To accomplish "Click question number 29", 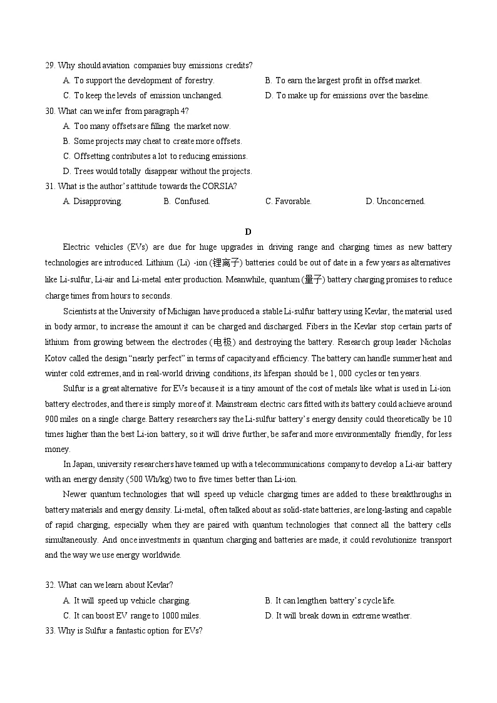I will (50, 66).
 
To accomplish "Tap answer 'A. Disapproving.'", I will (93, 202).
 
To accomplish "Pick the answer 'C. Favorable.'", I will (288, 202).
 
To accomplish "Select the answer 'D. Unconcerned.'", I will (395, 202).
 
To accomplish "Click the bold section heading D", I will (248, 232).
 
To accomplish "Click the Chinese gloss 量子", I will (313, 279).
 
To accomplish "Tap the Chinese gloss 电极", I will (222, 342).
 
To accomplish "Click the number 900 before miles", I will (51, 419).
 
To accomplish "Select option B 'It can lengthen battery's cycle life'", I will (330, 601).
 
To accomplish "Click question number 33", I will (50, 631).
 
